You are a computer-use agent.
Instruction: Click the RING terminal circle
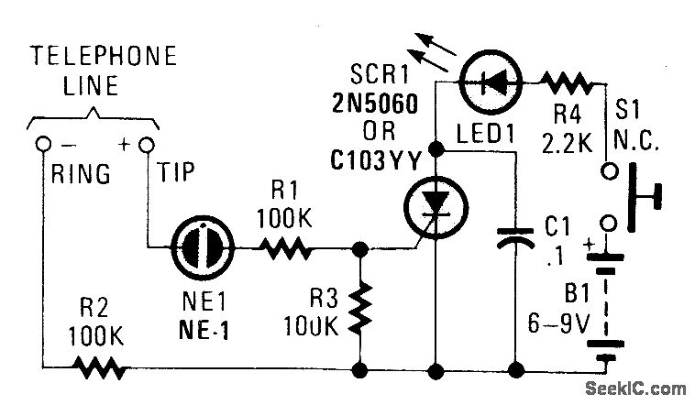[43, 146]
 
